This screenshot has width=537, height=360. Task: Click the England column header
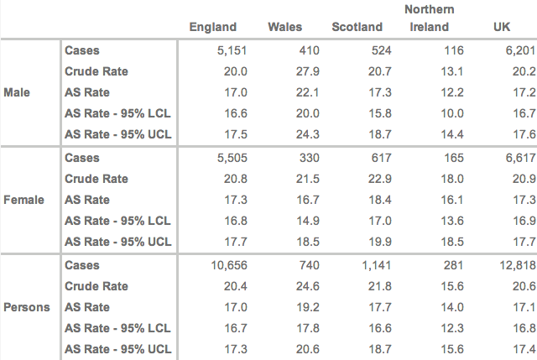[213, 28]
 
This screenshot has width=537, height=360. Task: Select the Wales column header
[284, 28]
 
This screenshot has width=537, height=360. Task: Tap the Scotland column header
[357, 28]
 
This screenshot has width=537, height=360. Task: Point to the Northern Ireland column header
[429, 18]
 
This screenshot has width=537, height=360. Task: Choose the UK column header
[502, 28]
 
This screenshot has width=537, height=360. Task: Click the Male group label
[18, 92]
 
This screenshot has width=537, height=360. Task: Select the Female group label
[23, 200]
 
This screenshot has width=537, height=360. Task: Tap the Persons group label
[26, 307]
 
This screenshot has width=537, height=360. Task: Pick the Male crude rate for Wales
[308, 71]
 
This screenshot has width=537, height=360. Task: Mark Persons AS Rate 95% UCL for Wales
[308, 349]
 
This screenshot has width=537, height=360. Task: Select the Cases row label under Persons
[82, 265]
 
